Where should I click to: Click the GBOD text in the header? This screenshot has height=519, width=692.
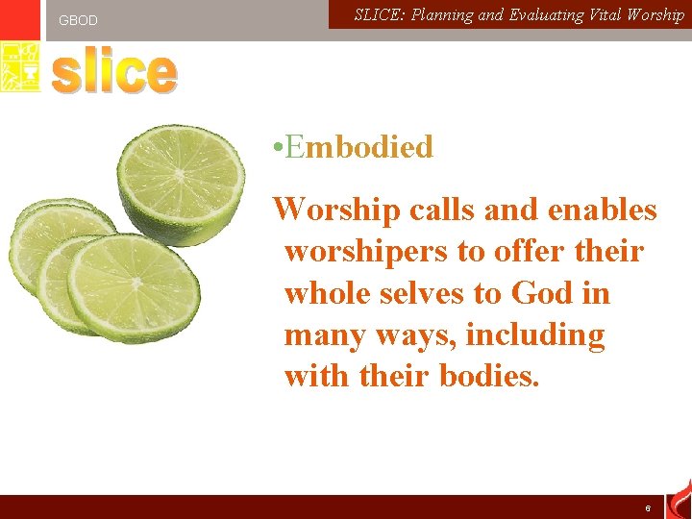point(78,20)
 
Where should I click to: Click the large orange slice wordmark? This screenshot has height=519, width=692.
point(114,73)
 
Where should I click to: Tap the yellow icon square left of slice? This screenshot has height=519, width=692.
point(20,67)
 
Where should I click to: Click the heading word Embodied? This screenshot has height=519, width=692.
point(359,147)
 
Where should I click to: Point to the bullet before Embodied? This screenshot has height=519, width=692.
point(276,148)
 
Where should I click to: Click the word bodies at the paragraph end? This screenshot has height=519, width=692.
point(489,376)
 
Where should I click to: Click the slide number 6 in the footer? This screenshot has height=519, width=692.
point(648,507)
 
